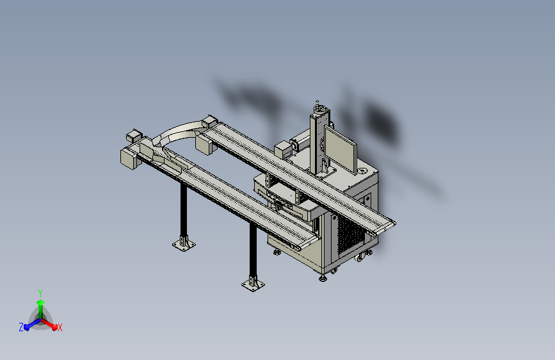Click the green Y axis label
(x=40, y=293)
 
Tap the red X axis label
(x=60, y=328)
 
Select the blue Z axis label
(x=21, y=327)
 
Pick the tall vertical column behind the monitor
(x=319, y=142)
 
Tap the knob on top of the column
(x=318, y=103)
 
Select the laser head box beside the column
(x=283, y=151)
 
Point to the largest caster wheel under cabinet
(x=360, y=258)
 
